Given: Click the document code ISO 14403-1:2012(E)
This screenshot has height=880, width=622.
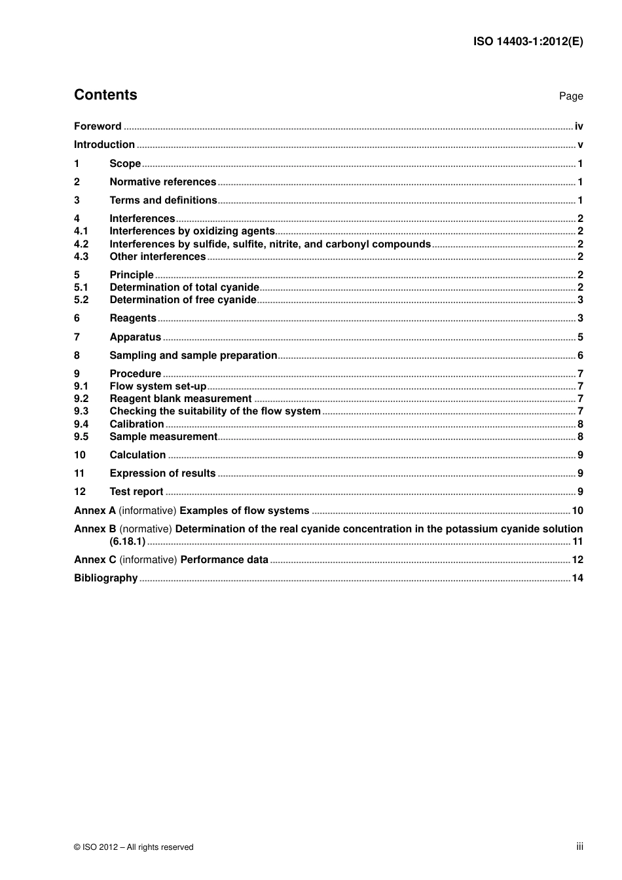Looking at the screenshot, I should (x=528, y=41).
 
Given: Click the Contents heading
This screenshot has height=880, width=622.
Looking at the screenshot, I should (x=105, y=95).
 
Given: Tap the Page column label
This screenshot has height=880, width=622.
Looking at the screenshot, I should (x=570, y=96).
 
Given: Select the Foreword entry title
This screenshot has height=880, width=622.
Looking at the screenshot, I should (x=98, y=126).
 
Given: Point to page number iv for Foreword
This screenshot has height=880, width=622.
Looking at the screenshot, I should (x=579, y=126).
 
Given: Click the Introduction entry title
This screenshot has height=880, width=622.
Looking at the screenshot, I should (x=104, y=145).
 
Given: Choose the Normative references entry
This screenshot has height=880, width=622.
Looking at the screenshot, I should (x=162, y=182).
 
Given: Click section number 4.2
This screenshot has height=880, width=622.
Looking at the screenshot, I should (x=81, y=244).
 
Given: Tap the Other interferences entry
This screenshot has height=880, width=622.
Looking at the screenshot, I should (x=157, y=257).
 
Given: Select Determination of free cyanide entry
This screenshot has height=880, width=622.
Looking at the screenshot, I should (x=183, y=300).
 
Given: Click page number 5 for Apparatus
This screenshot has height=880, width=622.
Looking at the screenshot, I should (x=580, y=337).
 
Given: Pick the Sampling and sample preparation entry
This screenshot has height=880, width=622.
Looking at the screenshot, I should (x=193, y=356).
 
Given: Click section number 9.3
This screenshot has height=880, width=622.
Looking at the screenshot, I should (x=81, y=411).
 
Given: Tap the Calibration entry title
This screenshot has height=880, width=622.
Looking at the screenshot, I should (x=136, y=424).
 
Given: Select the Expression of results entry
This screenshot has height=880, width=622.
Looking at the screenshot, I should (x=162, y=473).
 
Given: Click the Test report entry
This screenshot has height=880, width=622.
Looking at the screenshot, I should (x=136, y=492).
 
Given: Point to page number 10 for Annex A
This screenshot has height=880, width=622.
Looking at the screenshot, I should (x=577, y=511).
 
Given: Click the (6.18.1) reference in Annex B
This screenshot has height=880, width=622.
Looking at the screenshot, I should (x=127, y=541).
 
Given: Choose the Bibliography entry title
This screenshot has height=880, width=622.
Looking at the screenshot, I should (x=105, y=578).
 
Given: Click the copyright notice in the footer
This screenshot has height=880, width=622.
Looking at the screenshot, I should (x=134, y=847).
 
